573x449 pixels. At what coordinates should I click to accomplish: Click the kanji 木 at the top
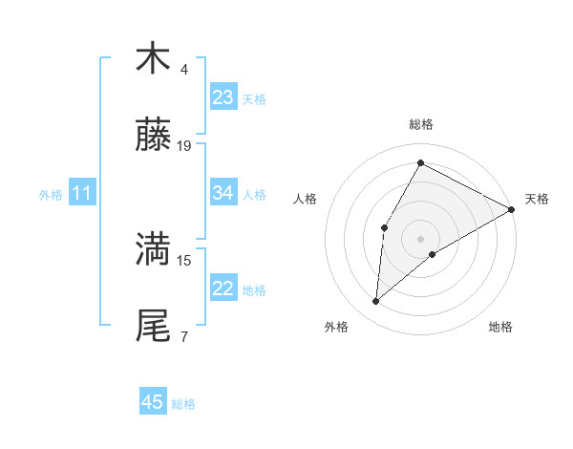153,58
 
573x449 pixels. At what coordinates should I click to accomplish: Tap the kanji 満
153,250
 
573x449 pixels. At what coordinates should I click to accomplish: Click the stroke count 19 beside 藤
184,146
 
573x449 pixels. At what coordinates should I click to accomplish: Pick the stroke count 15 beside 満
184,259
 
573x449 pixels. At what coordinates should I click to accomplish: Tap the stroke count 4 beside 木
184,70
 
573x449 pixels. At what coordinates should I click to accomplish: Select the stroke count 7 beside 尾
184,336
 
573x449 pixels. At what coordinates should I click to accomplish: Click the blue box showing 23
223,97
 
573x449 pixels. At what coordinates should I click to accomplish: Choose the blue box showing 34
223,193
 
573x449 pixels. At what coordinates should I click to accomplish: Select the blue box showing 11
81,194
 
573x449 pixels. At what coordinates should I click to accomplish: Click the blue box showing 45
153,402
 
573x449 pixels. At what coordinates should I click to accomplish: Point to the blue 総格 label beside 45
183,403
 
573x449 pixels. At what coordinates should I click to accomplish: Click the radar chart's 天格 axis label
537,199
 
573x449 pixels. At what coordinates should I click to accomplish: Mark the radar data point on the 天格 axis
512,209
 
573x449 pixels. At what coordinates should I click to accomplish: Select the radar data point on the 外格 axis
376,302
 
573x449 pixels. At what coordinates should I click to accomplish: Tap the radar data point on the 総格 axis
420,162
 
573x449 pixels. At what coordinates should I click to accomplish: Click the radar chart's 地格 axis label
500,328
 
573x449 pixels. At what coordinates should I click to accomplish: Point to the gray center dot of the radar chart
420,238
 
